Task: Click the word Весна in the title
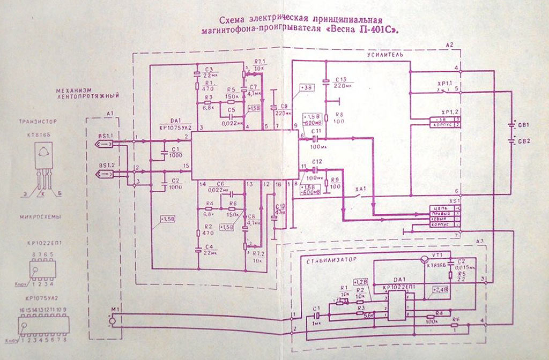tap(356, 31)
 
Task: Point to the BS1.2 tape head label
tap(105, 164)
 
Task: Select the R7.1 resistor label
tap(258, 62)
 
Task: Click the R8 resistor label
tap(339, 114)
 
